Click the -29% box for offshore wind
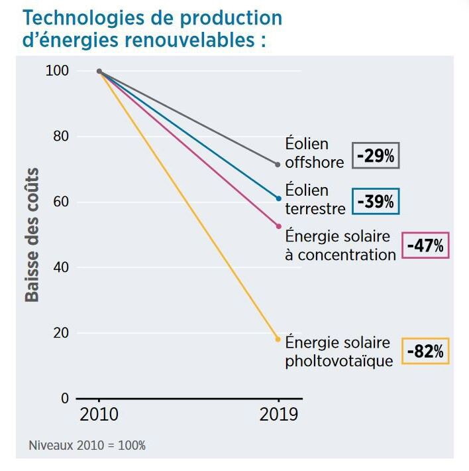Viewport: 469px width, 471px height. coord(376,156)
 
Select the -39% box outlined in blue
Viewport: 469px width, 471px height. coord(376,201)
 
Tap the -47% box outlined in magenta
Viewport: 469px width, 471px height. coord(425,245)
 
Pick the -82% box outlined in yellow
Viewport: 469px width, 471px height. coord(425,350)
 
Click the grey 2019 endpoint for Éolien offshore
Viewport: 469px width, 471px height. coord(278,164)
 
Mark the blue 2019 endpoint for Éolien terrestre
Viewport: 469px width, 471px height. coord(278,198)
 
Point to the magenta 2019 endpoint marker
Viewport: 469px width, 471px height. coord(278,226)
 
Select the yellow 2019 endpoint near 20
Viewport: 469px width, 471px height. coord(278,339)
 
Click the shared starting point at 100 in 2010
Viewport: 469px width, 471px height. coord(99,71)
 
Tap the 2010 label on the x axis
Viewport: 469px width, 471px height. coord(99,415)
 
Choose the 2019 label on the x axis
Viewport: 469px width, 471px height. coord(278,415)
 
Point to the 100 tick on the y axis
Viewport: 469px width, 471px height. coord(58,71)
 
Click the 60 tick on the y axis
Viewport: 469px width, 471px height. coord(61,202)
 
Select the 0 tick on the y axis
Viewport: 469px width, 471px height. coord(64,398)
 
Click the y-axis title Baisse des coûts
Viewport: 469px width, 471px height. coord(32,235)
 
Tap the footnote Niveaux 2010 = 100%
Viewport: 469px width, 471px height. coord(87,445)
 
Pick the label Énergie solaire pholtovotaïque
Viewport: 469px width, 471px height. coord(338,352)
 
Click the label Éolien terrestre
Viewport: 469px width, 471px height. coord(315,199)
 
